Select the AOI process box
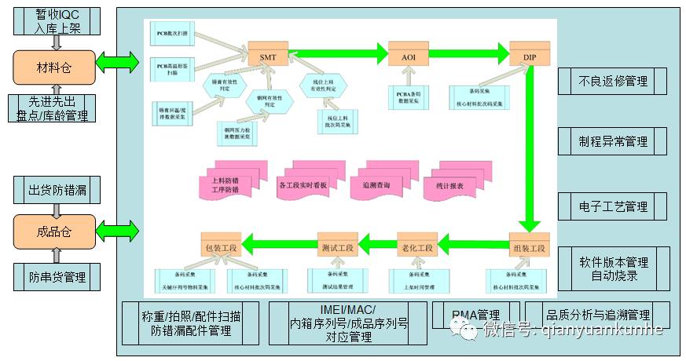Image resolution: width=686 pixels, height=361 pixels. coord(409,57)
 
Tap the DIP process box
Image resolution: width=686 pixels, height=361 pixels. coord(529,57)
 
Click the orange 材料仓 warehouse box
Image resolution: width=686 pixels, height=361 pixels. coord(54,68)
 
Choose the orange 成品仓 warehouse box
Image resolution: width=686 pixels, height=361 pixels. coord(54,232)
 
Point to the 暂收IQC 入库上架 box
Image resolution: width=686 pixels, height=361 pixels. coord(57,21)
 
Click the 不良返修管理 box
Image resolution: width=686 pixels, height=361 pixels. coord(613,81)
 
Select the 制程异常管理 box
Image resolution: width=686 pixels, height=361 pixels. coord(613,141)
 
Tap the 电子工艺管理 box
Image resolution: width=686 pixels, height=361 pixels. coord(613,206)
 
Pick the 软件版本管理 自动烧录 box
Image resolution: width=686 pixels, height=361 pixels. coord(613,268)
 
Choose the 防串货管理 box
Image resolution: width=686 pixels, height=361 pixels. coord(57,276)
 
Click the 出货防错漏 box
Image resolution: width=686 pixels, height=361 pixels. coord(57,190)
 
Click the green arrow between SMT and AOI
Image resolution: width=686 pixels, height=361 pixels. coord(339,54)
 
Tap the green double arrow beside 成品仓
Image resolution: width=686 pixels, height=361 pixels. coord(117,231)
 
